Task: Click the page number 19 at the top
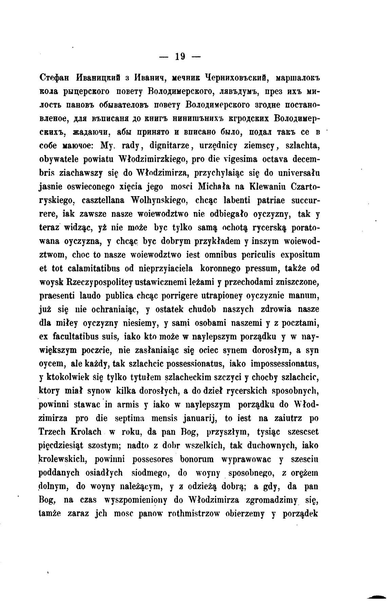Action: coord(180,56)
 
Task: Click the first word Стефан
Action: coord(55,78)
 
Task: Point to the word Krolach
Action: coord(86,432)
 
